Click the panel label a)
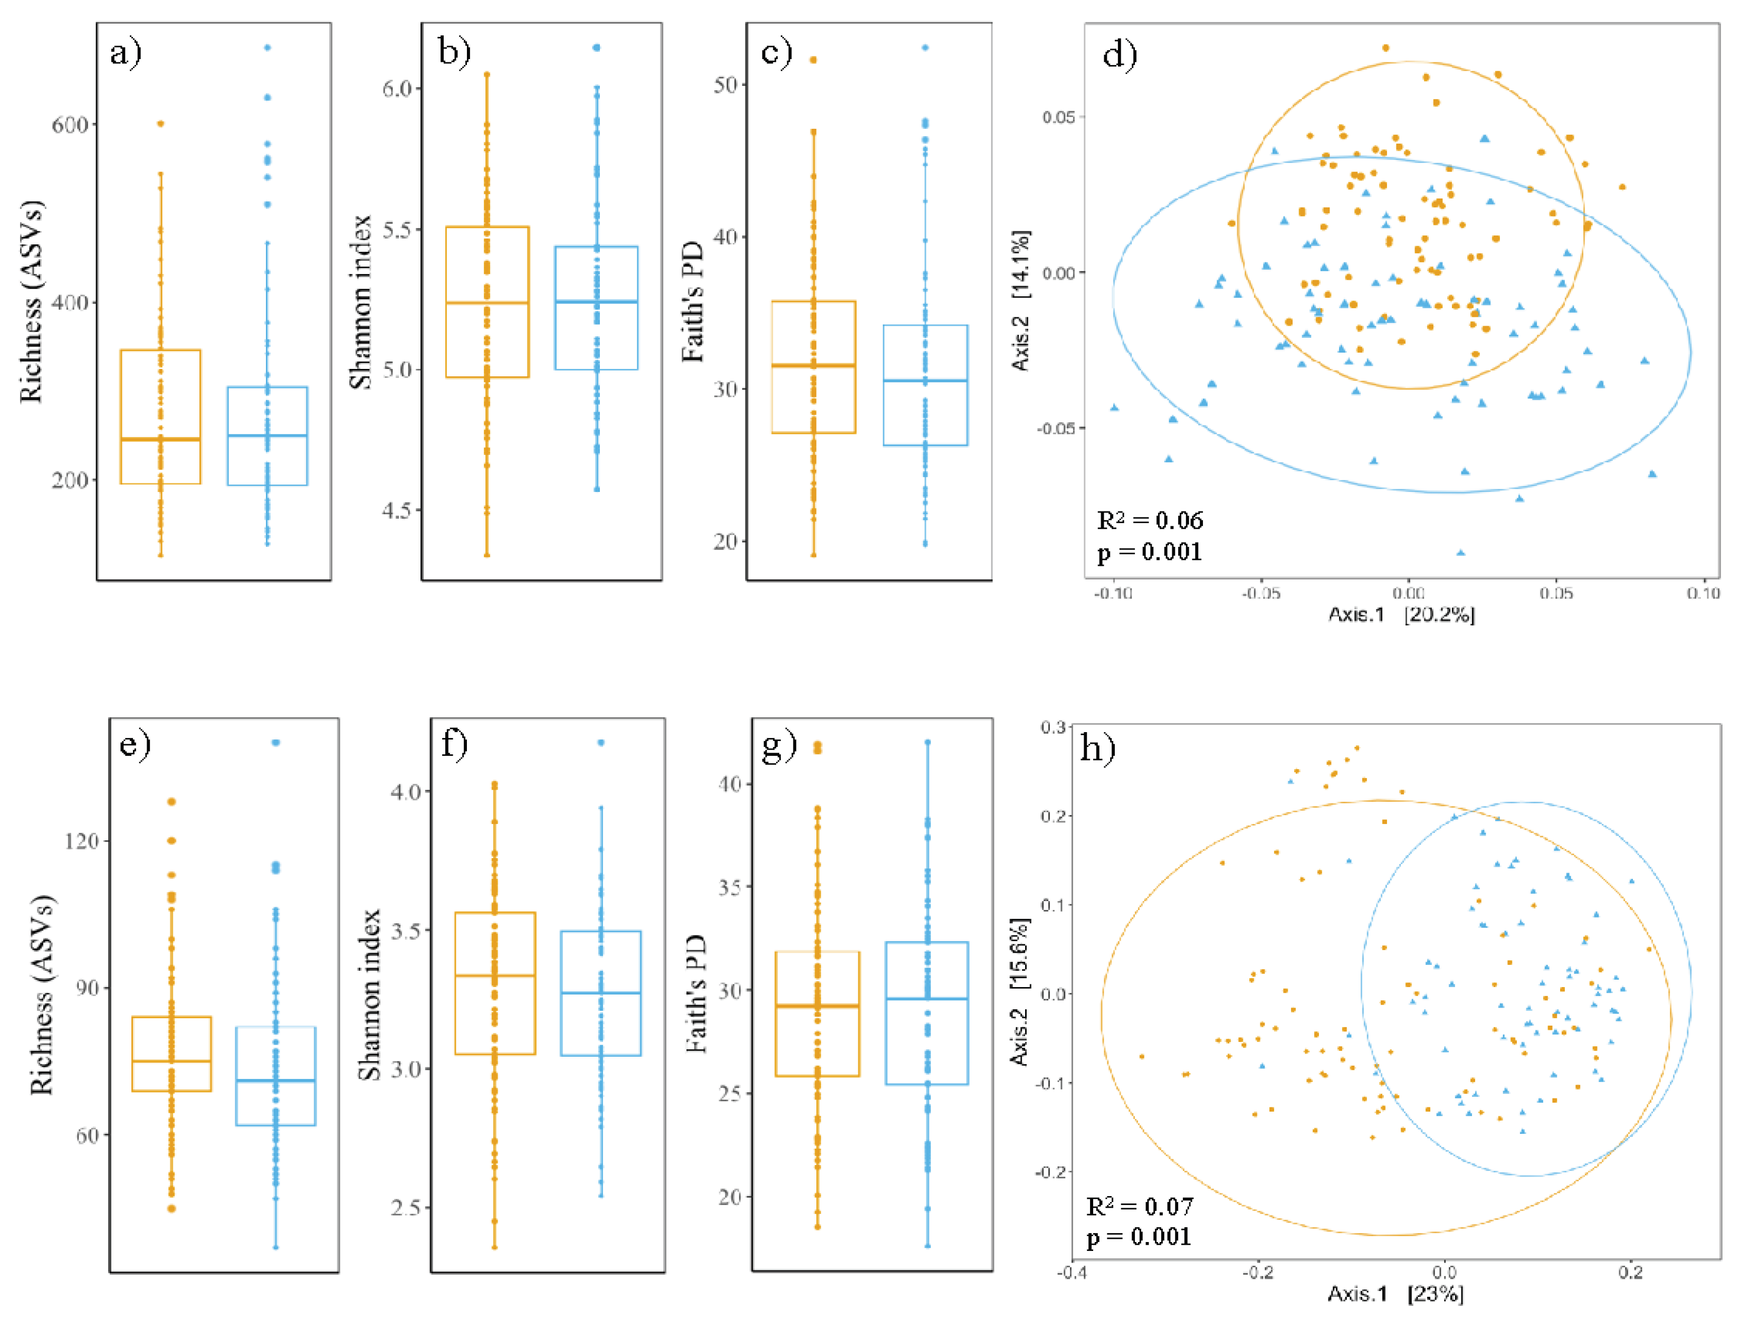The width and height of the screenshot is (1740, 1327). [x=126, y=54]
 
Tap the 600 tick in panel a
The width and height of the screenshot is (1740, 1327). [x=70, y=125]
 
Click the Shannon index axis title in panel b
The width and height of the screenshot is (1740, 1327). [x=361, y=302]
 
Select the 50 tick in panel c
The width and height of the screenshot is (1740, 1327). [x=725, y=84]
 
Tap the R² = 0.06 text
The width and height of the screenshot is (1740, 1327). [x=1150, y=520]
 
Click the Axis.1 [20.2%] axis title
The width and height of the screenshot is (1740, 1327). [x=1401, y=614]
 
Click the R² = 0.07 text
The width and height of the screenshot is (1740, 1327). [x=1139, y=1206]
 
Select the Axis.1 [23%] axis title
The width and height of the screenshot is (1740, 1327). [x=1395, y=1294]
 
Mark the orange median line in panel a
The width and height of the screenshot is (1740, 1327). [x=160, y=439]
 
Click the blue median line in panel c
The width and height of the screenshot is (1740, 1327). [x=925, y=381]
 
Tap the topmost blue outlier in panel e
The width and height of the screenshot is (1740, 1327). [x=275, y=743]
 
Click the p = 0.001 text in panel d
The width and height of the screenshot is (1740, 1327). [x=1150, y=552]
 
